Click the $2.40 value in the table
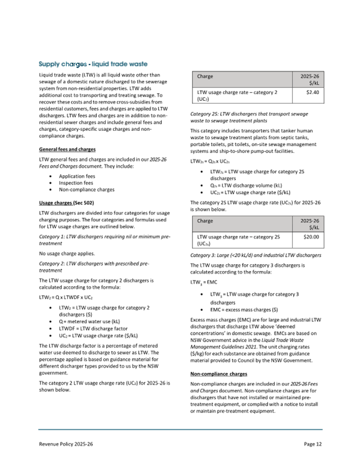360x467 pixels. point(310,92)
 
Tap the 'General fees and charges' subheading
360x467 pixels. point(67,149)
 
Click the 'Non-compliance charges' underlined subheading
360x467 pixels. point(219,374)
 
